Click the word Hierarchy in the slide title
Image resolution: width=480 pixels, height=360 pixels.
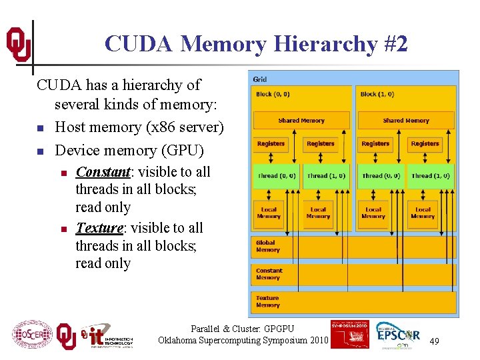(313, 44)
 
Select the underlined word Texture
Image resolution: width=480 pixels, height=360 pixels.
(99, 228)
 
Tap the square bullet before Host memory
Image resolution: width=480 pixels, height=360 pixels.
(40, 128)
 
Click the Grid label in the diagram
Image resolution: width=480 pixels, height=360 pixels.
(260, 79)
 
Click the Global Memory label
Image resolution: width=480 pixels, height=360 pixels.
(267, 246)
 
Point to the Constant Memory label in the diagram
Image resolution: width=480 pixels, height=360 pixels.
(269, 273)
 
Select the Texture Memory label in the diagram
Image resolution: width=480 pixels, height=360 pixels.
(267, 301)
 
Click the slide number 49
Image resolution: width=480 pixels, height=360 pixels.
(434, 341)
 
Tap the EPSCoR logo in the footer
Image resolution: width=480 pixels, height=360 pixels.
(398, 335)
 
